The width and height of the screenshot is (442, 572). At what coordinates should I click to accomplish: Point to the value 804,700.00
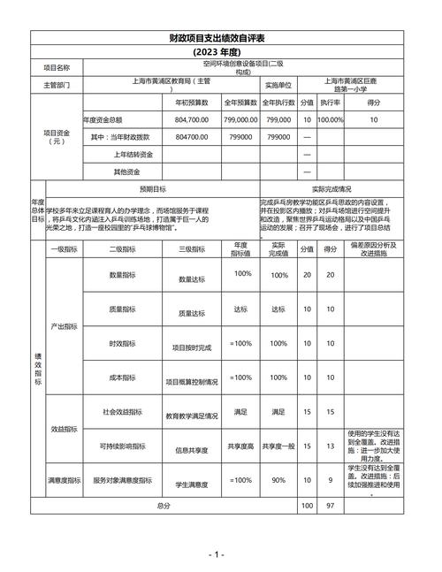[x=192, y=119]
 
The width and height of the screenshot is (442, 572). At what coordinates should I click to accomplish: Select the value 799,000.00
[x=240, y=119]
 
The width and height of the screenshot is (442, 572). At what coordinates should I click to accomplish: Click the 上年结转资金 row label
[x=115, y=154]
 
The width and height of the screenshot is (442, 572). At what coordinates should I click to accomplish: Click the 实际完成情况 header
[x=331, y=188]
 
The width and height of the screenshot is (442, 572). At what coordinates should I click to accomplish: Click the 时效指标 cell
[x=122, y=343]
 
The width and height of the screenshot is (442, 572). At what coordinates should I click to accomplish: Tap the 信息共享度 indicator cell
[x=192, y=449]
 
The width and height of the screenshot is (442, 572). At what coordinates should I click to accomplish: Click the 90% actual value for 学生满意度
[x=278, y=481]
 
